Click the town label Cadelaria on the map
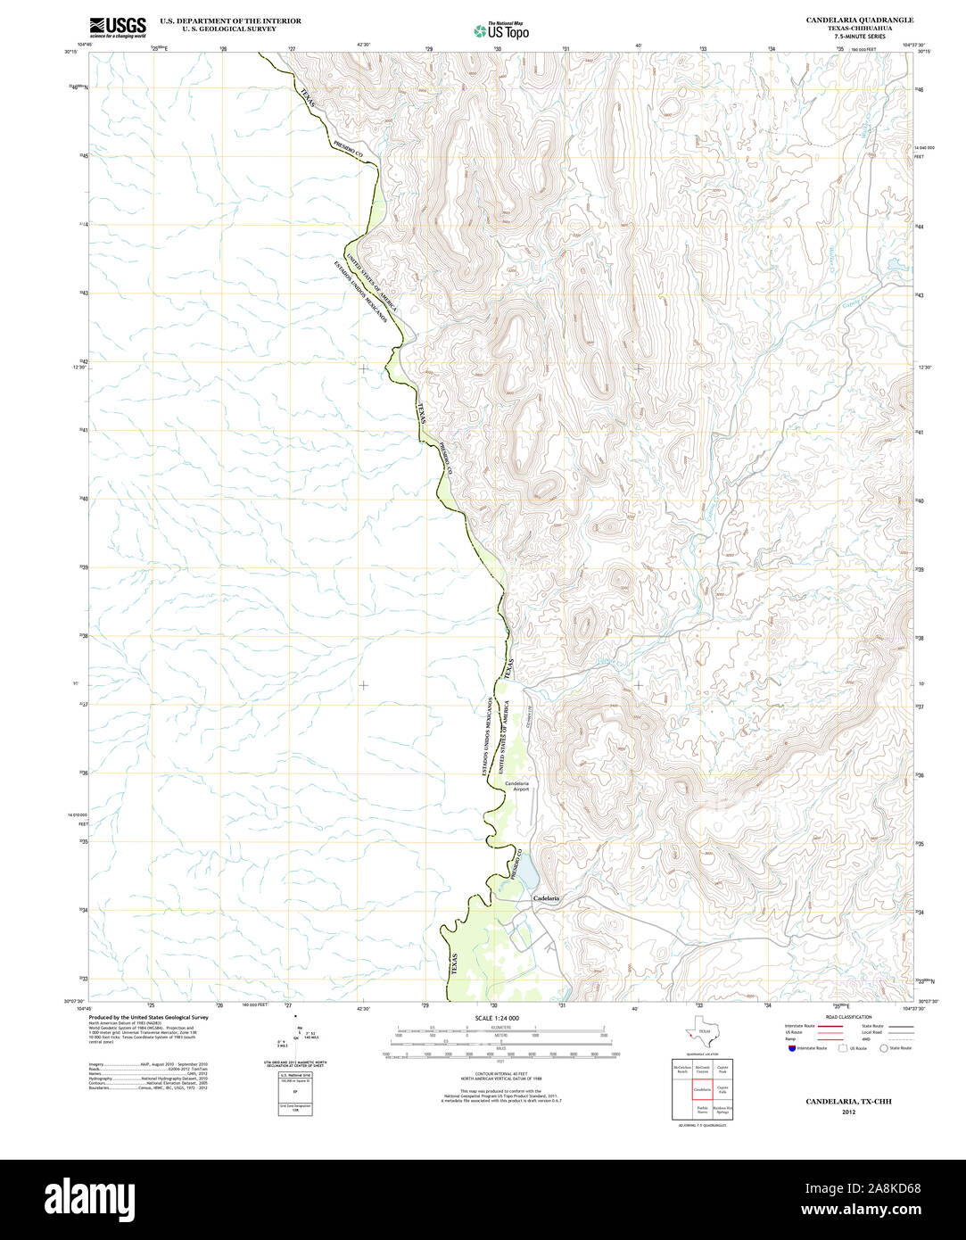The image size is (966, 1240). click(546, 897)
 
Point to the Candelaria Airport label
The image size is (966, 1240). click(516, 786)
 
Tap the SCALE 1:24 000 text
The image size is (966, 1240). click(498, 1018)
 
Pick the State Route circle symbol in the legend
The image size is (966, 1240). click(884, 1048)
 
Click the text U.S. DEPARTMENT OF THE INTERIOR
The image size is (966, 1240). click(230, 21)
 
